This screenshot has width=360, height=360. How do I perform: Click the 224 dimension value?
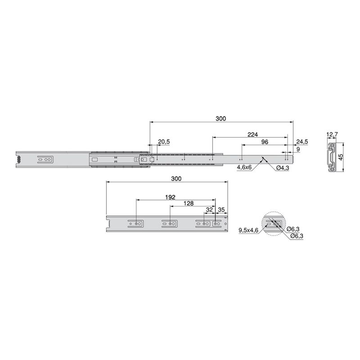[x=252, y=135]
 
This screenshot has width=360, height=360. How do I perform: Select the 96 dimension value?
[x=265, y=142]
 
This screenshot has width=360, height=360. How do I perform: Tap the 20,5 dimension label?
[x=164, y=142]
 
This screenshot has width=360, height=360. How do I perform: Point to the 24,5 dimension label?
[x=302, y=142]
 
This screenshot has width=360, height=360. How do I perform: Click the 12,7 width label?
[x=332, y=135]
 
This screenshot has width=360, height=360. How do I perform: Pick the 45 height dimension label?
[x=341, y=157]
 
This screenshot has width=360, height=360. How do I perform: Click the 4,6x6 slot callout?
[x=244, y=168]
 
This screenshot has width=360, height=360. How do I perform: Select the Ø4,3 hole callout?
[x=283, y=168]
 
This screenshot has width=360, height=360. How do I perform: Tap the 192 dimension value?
[x=170, y=197]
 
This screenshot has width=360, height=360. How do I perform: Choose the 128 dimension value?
[x=189, y=203]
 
